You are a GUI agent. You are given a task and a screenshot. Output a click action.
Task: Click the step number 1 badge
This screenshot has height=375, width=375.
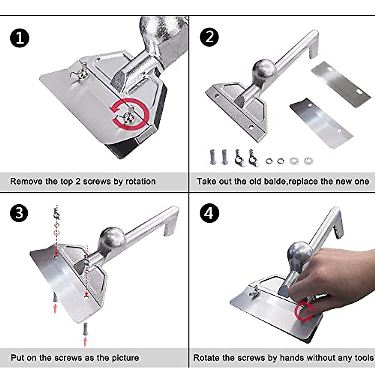click(x=19, y=38)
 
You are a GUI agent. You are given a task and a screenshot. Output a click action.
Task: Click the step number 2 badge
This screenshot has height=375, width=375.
click(x=209, y=37)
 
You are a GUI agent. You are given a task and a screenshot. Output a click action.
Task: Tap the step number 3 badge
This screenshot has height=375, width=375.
click(x=19, y=213)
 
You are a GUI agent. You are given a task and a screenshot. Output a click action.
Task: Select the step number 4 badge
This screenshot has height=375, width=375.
click(x=209, y=213)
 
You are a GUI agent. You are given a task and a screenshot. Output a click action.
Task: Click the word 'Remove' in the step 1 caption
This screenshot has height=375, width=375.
click(x=27, y=181)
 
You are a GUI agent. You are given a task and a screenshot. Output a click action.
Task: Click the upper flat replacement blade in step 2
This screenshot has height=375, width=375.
click(x=341, y=84)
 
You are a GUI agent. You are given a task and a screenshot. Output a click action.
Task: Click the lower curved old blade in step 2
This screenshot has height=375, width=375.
click(x=321, y=123)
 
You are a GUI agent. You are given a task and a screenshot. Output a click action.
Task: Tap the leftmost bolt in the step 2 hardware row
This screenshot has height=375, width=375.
click(x=212, y=157)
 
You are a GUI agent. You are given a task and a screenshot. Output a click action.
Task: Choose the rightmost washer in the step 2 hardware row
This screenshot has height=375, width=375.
click(x=308, y=161)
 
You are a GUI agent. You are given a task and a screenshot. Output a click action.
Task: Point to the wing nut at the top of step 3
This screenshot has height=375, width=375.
click(x=57, y=214)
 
